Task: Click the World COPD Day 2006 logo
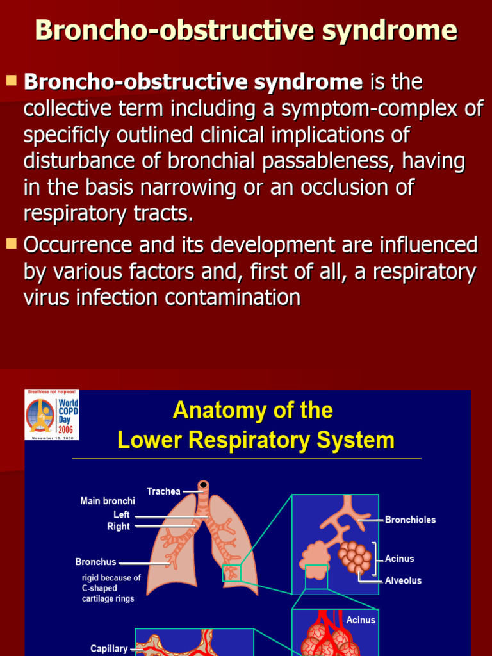pyautogui.click(x=52, y=414)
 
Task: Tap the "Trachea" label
pyautogui.click(x=163, y=491)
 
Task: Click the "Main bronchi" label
pyautogui.click(x=108, y=501)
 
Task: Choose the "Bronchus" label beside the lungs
pyautogui.click(x=95, y=562)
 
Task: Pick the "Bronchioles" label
pyautogui.click(x=410, y=520)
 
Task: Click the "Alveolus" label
pyautogui.click(x=403, y=580)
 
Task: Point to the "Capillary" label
pyautogui.click(x=109, y=648)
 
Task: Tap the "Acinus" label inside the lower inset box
pyautogui.click(x=361, y=620)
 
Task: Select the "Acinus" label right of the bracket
pyautogui.click(x=399, y=559)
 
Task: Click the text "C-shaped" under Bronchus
pyautogui.click(x=99, y=588)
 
